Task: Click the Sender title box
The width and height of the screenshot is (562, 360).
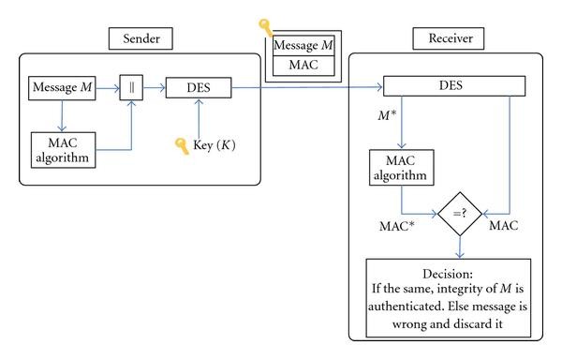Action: tap(140, 40)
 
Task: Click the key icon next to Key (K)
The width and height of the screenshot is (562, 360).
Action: tap(182, 146)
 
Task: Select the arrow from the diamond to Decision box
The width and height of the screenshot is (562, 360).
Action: tap(460, 247)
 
